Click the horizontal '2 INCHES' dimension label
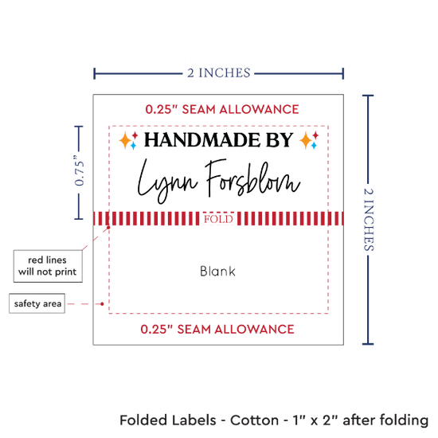click(x=219, y=73)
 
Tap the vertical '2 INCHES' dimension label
click(x=369, y=219)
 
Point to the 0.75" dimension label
click(x=79, y=170)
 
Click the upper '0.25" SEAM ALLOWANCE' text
click(x=222, y=109)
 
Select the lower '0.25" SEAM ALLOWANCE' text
click(x=217, y=329)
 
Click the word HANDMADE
click(x=202, y=139)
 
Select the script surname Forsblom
click(x=253, y=178)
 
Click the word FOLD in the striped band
click(x=218, y=219)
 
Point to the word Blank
click(x=217, y=271)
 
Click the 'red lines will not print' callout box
click(x=48, y=266)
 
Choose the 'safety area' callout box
click(x=37, y=303)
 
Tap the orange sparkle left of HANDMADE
click(x=125, y=141)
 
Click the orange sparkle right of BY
click(x=306, y=141)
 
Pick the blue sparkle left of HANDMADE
click(x=133, y=145)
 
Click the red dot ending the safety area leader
click(x=102, y=303)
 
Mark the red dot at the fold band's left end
click(x=108, y=228)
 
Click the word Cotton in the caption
click(x=255, y=420)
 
